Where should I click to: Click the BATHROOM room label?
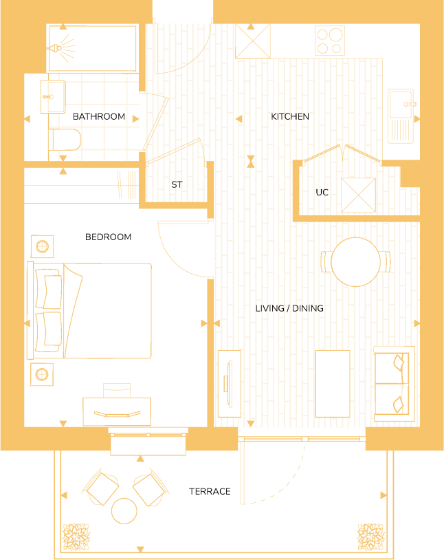click(x=99, y=117)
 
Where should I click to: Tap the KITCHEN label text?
click(x=289, y=117)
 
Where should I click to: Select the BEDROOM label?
click(x=108, y=237)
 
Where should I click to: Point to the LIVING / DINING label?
click(x=289, y=309)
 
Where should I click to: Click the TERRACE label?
click(x=210, y=492)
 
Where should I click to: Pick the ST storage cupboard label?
click(x=177, y=185)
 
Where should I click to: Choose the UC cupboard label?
click(x=322, y=193)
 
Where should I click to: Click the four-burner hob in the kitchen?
click(x=329, y=41)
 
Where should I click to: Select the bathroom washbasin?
click(x=53, y=96)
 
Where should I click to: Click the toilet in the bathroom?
click(x=65, y=140)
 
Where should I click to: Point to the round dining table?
click(x=355, y=261)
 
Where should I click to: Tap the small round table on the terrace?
click(x=124, y=510)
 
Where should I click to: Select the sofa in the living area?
click(x=394, y=384)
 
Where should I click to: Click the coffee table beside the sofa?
click(x=332, y=383)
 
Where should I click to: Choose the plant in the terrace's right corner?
click(x=369, y=535)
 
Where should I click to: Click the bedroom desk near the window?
click(x=117, y=411)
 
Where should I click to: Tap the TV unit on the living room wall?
click(x=228, y=383)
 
